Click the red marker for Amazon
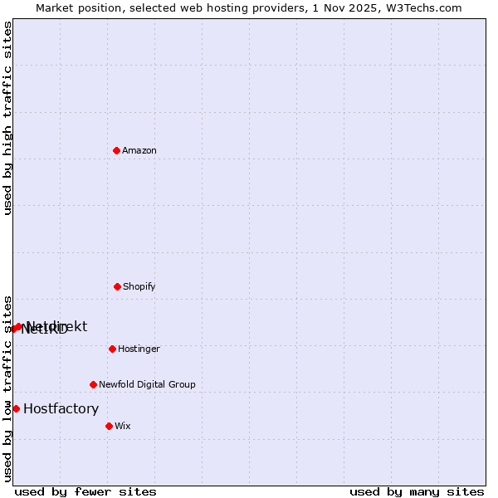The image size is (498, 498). point(116,150)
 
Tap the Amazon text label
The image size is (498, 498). point(139,150)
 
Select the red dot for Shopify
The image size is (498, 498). point(117,286)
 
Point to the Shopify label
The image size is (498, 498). point(139,286)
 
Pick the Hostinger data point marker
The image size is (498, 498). point(112,349)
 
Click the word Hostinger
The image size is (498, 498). point(139,349)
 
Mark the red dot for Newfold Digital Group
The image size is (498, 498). point(93,384)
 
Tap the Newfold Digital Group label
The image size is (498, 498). point(147,384)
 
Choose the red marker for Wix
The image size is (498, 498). point(109,426)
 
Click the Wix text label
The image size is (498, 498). point(123,426)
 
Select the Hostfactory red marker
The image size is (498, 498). point(16,408)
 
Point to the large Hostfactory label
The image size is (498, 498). point(61,408)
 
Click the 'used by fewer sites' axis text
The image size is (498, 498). point(85,491)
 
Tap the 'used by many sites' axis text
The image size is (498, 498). point(417,491)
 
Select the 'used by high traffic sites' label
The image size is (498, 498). point(7,118)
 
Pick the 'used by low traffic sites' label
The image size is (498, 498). point(7,388)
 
